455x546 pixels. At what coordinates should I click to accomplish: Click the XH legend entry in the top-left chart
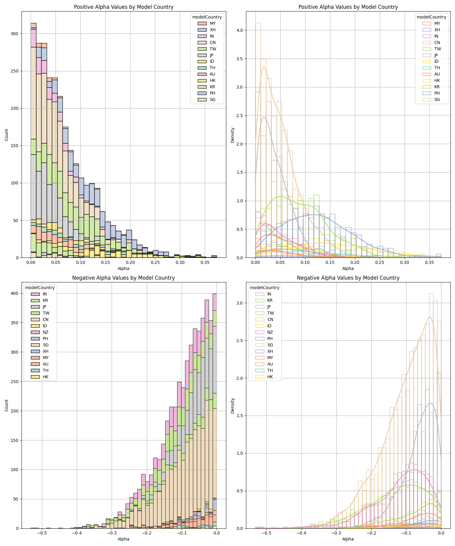pos(212,30)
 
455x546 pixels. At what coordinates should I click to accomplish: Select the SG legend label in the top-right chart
pos(437,99)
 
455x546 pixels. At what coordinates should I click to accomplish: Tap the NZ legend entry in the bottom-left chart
pos(45,332)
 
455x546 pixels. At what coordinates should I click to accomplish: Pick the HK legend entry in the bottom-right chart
pos(270,377)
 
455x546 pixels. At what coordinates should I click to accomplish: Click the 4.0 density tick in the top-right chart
pos(240,30)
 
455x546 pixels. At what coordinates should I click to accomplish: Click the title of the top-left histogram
pos(123,7)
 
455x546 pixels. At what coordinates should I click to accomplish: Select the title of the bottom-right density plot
pos(348,278)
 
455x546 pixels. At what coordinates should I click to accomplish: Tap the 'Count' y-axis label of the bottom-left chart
pos(7,405)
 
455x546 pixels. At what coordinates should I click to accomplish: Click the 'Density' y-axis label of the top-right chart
pos(232,135)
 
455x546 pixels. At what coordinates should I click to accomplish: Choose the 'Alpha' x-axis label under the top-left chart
pos(123,268)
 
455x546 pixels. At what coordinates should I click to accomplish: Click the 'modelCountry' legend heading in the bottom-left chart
pos(40,288)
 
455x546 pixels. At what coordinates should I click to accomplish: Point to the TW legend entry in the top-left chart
pos(213,49)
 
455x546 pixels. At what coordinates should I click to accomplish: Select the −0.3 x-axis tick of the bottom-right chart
pos(336,533)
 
